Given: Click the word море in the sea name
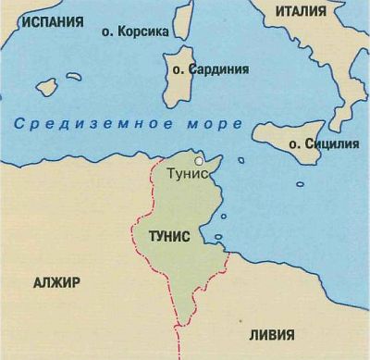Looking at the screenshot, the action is coord(216,123).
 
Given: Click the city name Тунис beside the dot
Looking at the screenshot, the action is coord(185,173).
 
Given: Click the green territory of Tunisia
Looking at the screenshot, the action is coord(176,208).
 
